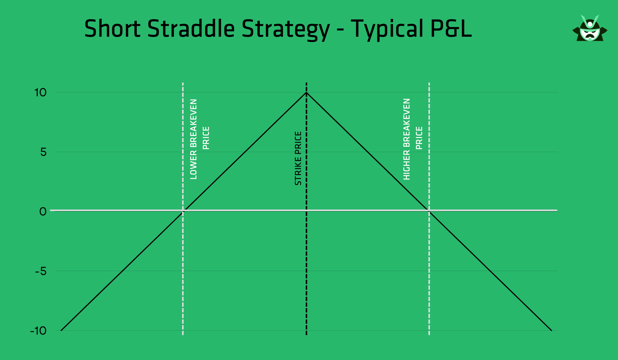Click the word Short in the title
click(112, 29)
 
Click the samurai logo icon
click(590, 29)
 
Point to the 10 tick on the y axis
click(41, 93)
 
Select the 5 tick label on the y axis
click(44, 152)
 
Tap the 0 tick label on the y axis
click(43, 212)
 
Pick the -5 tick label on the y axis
click(41, 271)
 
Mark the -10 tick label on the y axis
click(39, 331)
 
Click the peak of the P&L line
click(306, 93)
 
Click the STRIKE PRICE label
click(298, 158)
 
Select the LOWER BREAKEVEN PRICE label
click(199, 139)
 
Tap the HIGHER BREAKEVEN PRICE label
click(413, 139)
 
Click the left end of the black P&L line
click(61, 330)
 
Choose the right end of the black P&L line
click(551, 330)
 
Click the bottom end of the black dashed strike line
click(306, 334)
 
